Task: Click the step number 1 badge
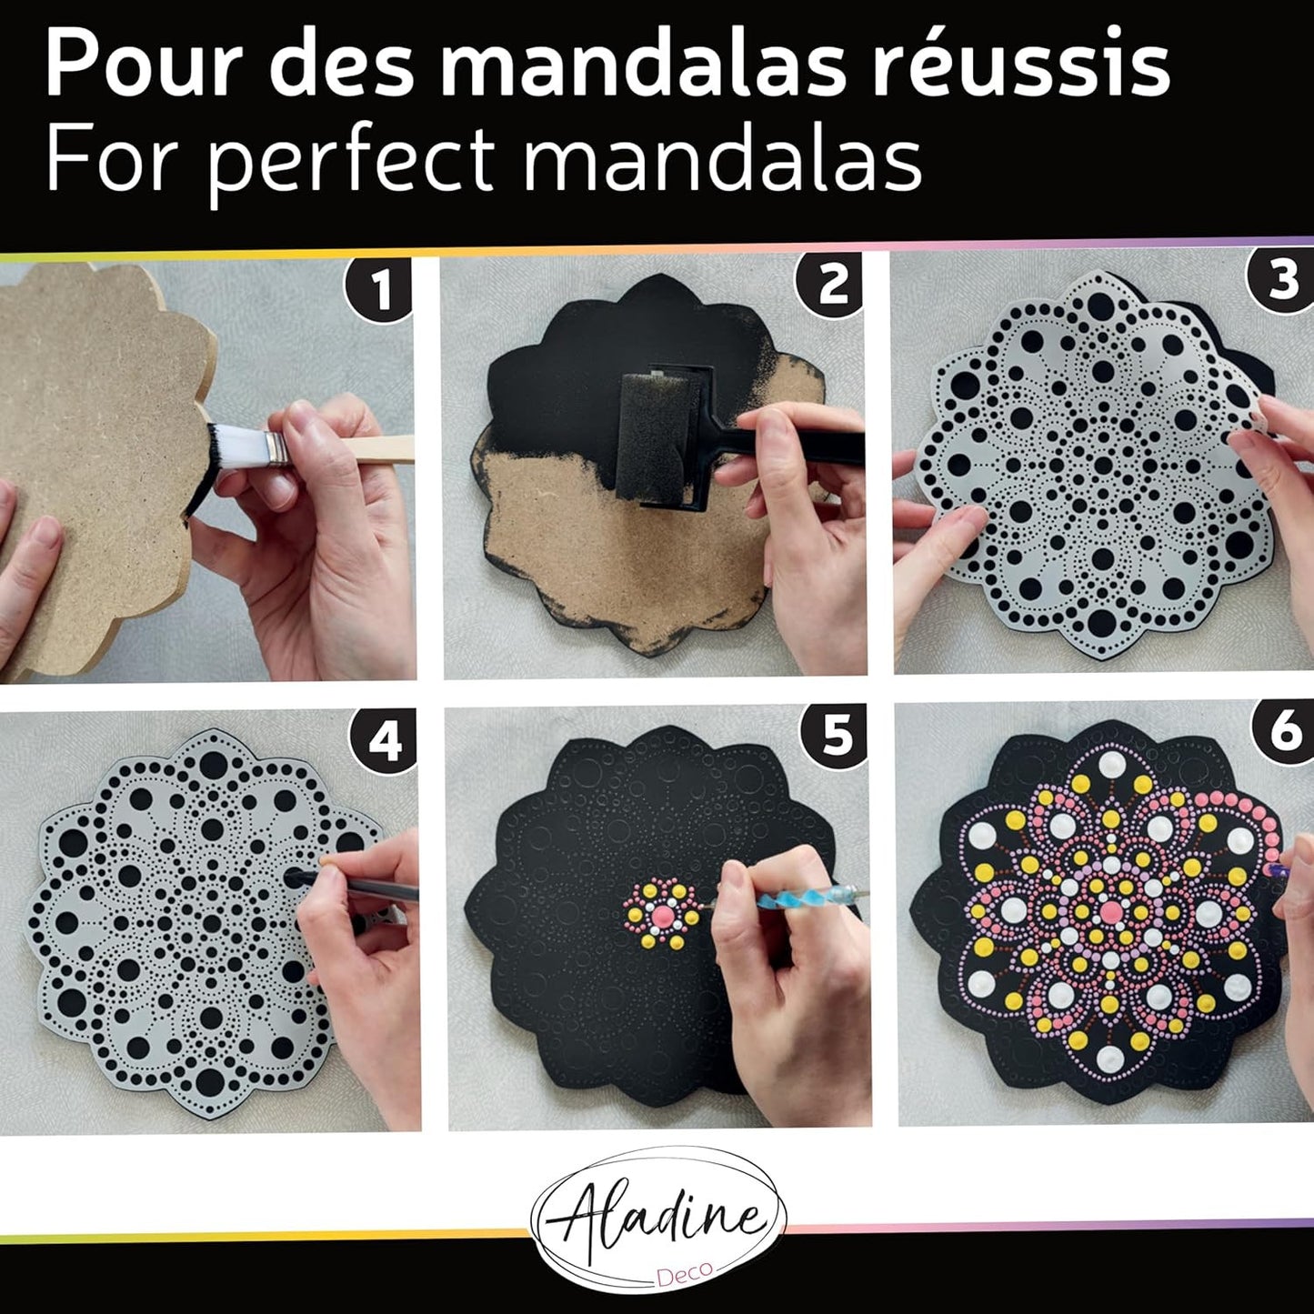click(x=379, y=287)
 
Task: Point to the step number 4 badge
click(x=384, y=741)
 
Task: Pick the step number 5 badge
click(x=836, y=737)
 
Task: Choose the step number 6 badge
click(x=1285, y=732)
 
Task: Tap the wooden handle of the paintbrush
click(x=377, y=449)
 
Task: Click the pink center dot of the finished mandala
click(x=1111, y=909)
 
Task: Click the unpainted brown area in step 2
click(x=607, y=546)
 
